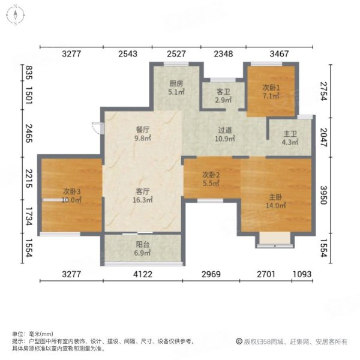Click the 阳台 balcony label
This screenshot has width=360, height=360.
click(142, 244)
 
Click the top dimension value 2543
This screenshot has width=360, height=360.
click(128, 54)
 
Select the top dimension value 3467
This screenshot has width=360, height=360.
click(279, 54)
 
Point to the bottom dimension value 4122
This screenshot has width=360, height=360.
click(143, 274)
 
